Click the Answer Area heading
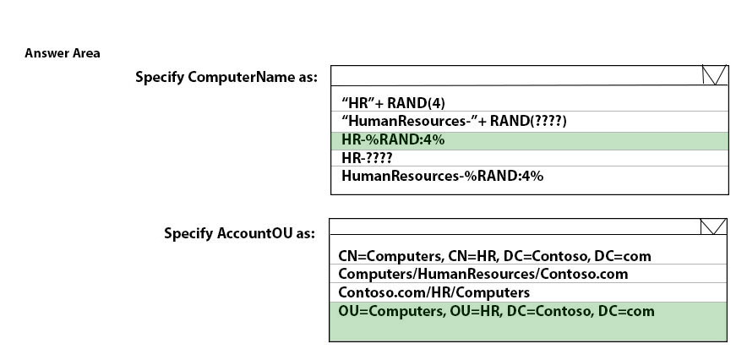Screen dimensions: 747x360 coord(63,53)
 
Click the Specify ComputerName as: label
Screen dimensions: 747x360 coord(226,77)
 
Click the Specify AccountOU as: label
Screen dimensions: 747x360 coord(240,233)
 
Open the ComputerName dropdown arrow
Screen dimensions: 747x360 coord(714,75)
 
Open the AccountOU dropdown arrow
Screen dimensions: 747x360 coord(713,226)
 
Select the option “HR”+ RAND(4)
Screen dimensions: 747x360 coord(393,103)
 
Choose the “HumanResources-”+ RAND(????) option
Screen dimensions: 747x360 coord(454,121)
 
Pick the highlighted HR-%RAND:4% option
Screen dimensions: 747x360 coord(393,140)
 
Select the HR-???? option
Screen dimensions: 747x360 coord(367,158)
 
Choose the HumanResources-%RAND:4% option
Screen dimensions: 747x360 coord(442,176)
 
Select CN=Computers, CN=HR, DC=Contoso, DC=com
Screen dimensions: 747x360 coord(494,256)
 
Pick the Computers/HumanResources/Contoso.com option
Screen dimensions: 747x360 coord(483,275)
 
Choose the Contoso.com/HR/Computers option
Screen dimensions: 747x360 coord(434,292)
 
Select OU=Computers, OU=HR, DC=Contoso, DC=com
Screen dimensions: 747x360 coord(496,312)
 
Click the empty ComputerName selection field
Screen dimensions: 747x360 coord(516,75)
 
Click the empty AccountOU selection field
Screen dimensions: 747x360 coord(515,226)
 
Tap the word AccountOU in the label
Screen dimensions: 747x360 coord(255,233)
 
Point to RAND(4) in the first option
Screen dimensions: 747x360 coord(417,103)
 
